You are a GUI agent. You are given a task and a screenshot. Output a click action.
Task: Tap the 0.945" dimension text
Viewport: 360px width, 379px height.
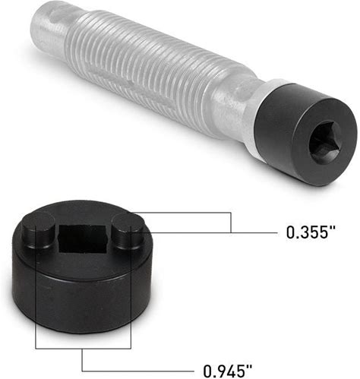228,371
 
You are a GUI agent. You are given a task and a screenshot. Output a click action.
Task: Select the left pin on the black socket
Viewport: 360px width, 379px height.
38,231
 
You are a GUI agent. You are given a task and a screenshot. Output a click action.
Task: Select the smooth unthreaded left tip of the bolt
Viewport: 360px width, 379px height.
49,28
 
